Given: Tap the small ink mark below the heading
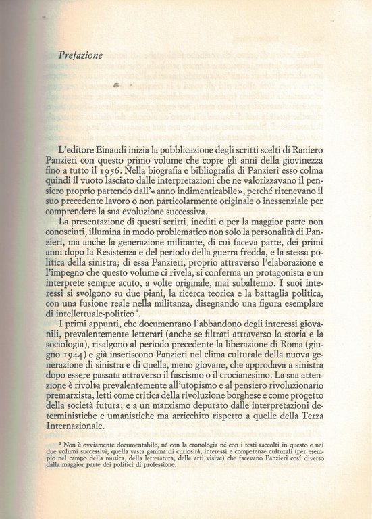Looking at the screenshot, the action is pos(117,85).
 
